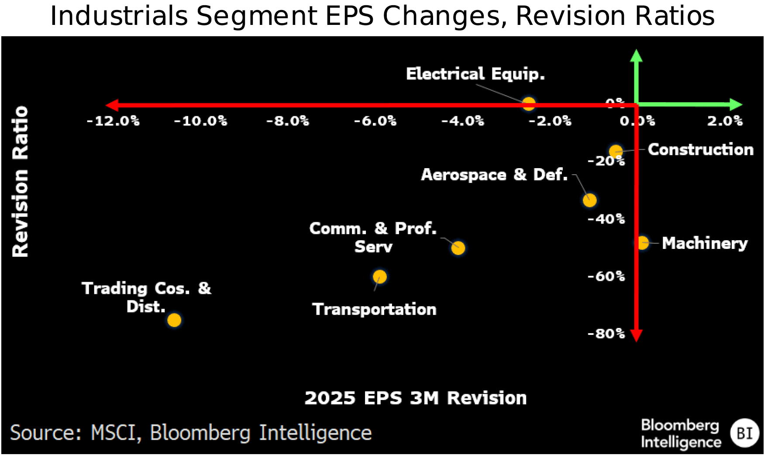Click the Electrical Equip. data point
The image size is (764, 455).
[529, 104]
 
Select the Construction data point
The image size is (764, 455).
[616, 152]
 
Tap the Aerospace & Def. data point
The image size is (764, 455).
[590, 200]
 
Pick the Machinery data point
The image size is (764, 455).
[642, 243]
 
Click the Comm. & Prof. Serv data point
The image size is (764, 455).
[458, 248]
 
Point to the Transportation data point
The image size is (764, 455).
[380, 276]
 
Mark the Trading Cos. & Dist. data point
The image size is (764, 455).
[174, 320]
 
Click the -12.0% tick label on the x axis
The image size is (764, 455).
[113, 121]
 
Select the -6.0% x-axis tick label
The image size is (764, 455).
[375, 121]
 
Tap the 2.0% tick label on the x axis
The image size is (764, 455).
[725, 121]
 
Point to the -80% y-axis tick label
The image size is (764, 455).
[606, 334]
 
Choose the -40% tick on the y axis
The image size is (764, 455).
[606, 219]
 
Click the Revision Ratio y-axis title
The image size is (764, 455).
[20, 181]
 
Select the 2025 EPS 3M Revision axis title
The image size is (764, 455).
[415, 398]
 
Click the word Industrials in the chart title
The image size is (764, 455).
[119, 16]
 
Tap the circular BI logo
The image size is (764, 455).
[744, 433]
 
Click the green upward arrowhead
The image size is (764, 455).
[636, 55]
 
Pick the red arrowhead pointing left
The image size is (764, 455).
[112, 105]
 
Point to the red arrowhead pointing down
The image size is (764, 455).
[636, 336]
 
